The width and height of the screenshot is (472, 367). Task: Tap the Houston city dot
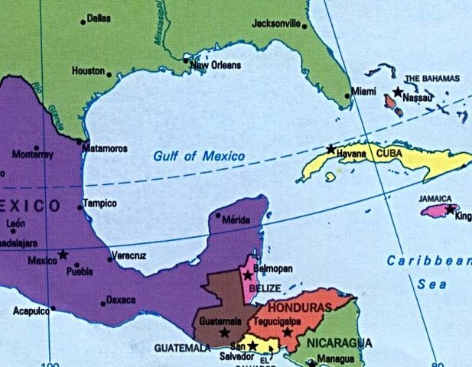coord(109,75)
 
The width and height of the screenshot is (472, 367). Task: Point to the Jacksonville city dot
coord(304,26)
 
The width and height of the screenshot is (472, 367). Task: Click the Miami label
coord(364,92)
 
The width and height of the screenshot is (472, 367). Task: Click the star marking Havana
coord(330,148)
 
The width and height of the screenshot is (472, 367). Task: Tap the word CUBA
coord(389,153)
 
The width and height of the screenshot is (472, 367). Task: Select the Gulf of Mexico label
coord(199,156)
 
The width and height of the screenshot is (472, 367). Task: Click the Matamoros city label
coord(105,148)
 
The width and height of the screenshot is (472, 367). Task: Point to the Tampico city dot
coord(80,207)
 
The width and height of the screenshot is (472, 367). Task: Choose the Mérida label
coord(236,220)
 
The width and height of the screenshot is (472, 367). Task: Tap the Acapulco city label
coord(31,311)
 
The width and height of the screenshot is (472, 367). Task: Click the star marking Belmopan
coord(248,275)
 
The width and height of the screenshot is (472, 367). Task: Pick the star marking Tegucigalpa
coord(287,332)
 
